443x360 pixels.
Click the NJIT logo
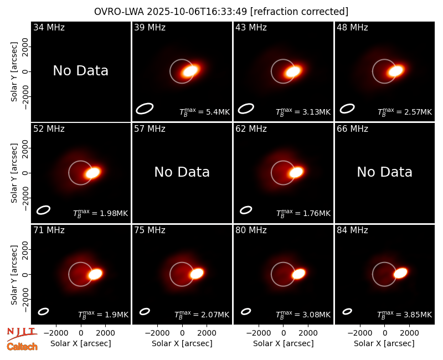[x=22, y=334]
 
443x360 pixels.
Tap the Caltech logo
[x=22, y=347]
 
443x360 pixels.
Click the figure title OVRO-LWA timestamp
[x=221, y=12]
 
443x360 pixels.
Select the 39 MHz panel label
[x=150, y=27]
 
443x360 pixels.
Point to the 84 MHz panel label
[x=352, y=230]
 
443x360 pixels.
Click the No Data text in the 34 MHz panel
[x=80, y=71]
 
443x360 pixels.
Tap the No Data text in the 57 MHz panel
[x=182, y=172]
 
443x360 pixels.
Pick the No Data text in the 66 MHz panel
[x=384, y=172]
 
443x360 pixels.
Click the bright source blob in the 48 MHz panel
[x=395, y=70]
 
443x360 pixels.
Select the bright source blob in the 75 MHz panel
[x=197, y=274]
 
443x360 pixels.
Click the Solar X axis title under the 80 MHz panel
[x=284, y=343]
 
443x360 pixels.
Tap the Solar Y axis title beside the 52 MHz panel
[x=14, y=173]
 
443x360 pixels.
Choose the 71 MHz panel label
[x=49, y=230]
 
